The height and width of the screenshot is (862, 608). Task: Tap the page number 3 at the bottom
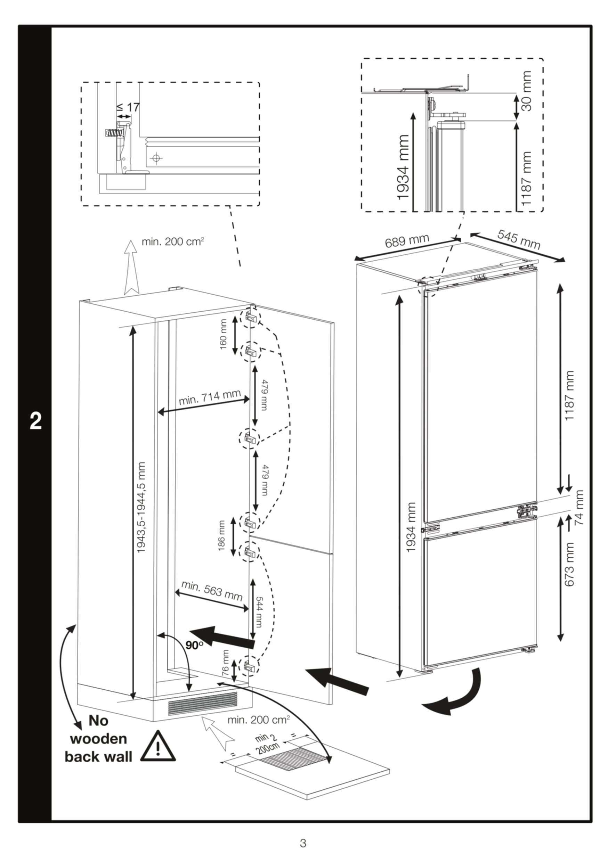[303, 843]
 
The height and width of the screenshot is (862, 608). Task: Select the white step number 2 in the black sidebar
[36, 421]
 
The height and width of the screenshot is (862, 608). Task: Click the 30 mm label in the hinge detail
[527, 91]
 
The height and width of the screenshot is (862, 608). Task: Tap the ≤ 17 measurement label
[128, 107]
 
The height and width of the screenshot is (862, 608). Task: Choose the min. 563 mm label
[212, 591]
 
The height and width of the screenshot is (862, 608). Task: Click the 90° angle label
[194, 646]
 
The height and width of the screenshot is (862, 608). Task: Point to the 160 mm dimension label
[223, 335]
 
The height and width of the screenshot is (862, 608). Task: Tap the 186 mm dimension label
[221, 536]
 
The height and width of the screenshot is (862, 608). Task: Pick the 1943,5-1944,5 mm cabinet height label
[141, 507]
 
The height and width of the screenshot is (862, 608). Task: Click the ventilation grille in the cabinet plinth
[203, 703]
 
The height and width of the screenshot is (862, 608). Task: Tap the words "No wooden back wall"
[98, 738]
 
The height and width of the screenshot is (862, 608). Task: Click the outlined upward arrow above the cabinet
[131, 267]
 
